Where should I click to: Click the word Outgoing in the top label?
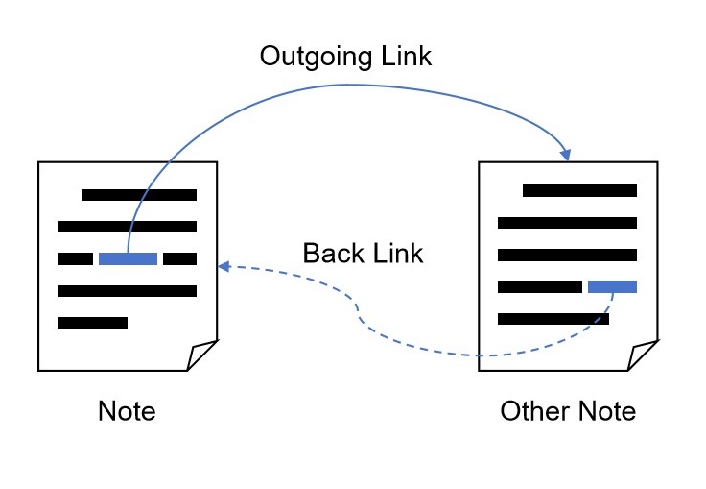click(x=312, y=57)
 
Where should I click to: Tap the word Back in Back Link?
click(x=332, y=254)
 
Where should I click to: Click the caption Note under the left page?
click(x=127, y=411)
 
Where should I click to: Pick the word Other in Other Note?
click(x=531, y=411)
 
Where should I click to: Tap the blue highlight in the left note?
click(x=128, y=258)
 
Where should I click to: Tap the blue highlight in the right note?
click(x=612, y=286)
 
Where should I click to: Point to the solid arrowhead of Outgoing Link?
click(x=566, y=154)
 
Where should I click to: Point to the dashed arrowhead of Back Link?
click(x=224, y=265)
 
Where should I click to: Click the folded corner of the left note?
click(x=202, y=356)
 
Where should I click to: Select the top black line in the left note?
click(x=139, y=195)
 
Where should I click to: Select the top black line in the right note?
click(x=579, y=191)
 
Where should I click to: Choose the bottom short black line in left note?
click(x=92, y=323)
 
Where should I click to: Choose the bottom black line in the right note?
click(x=553, y=319)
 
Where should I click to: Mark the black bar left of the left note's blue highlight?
click(x=75, y=258)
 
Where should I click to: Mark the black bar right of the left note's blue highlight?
click(x=179, y=258)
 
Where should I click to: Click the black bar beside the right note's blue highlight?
click(x=540, y=286)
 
